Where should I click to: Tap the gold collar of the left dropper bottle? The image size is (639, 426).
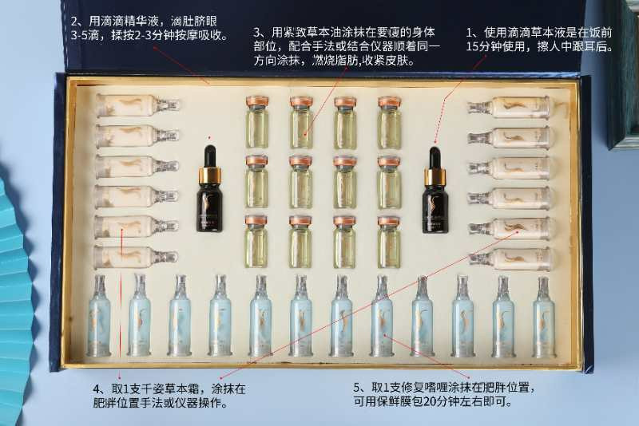coord(210,174)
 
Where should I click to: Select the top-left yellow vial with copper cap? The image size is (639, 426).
coord(257,122)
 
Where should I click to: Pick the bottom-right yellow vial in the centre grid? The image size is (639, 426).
coord(389,242)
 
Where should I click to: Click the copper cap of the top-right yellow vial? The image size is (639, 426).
coord(389,102)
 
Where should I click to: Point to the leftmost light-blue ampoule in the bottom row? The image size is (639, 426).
coord(99,316)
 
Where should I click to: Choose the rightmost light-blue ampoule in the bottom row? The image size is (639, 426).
coord(544,318)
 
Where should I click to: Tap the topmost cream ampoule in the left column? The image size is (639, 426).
coord(137,105)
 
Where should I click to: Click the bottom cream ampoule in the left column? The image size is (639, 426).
coord(136,257)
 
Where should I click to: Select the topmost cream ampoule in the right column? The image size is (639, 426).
coord(508,107)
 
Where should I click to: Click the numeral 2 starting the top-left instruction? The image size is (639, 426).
coord(74,22)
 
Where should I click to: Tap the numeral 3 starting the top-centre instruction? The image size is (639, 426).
coord(256,33)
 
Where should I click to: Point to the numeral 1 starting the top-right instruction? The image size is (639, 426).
coord(470,33)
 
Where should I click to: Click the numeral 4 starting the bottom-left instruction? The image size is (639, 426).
coord(97,389)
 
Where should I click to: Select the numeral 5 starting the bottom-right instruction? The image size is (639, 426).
coord(356,388)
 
